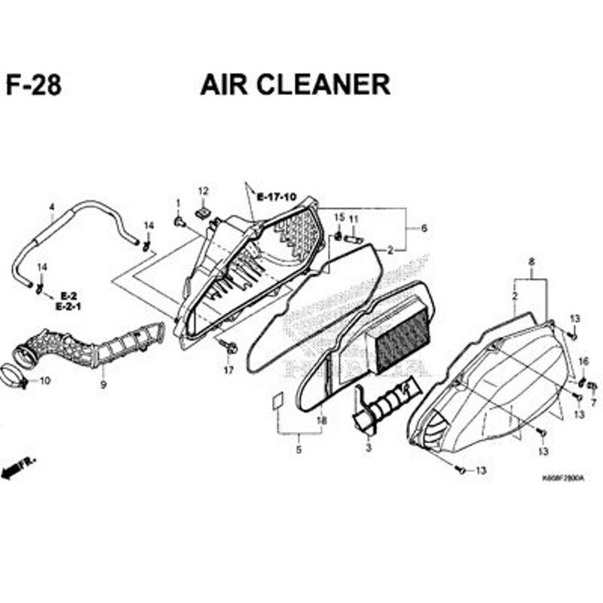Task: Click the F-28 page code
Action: click(x=33, y=85)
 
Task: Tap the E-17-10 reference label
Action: click(x=277, y=196)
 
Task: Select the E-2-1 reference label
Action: click(x=69, y=306)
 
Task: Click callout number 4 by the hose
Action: click(x=51, y=207)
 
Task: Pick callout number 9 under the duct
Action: click(x=103, y=384)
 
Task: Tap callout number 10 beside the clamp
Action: click(x=44, y=379)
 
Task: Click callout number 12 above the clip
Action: click(x=203, y=191)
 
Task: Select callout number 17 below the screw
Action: click(x=228, y=370)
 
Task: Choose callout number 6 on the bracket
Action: click(x=424, y=228)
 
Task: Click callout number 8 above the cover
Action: click(x=531, y=261)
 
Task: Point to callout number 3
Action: click(x=368, y=447)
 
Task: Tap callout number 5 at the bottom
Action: click(x=298, y=449)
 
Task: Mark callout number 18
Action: click(x=322, y=420)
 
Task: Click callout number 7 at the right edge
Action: click(x=593, y=402)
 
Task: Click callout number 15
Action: click(x=338, y=217)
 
